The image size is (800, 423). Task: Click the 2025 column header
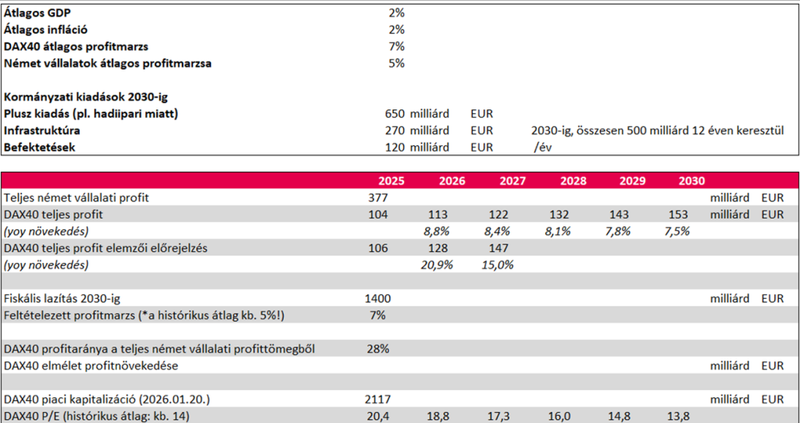point(391,180)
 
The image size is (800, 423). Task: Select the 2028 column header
point(573,180)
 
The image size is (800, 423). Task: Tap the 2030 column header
point(691,180)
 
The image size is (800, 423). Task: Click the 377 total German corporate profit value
point(377,197)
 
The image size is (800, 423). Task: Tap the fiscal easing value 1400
point(377,298)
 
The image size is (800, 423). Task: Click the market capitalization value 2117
point(377,400)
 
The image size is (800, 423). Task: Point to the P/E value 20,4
point(377,416)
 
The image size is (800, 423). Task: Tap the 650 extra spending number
point(395,114)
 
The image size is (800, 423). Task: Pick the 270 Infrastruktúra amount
point(395,130)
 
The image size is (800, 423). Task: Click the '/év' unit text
point(543,148)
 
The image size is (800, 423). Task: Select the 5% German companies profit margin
point(396,63)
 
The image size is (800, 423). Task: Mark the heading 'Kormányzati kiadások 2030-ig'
point(86,97)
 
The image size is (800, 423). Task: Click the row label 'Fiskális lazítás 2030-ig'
point(62,298)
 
